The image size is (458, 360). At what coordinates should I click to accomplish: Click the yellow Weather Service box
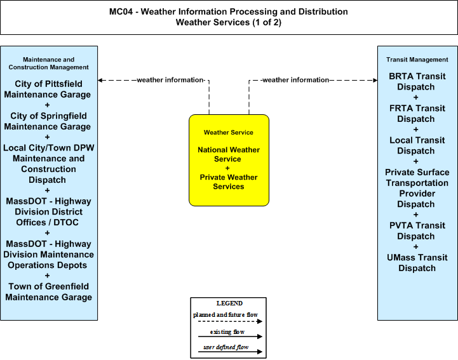click(x=229, y=160)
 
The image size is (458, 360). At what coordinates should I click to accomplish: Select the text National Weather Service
click(x=229, y=154)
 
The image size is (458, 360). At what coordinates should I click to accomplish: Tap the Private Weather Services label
click(x=229, y=182)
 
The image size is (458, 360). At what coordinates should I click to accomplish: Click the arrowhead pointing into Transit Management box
click(x=375, y=80)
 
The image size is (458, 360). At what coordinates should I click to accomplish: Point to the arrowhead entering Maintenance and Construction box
click(x=100, y=80)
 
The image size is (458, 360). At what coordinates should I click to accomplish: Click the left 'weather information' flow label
click(x=170, y=80)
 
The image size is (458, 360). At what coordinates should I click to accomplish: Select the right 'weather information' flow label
click(x=295, y=80)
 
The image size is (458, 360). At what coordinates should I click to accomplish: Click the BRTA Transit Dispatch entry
click(x=417, y=81)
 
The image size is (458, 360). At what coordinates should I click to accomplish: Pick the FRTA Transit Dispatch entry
click(x=417, y=114)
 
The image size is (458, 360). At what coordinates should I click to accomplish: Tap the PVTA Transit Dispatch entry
click(x=417, y=231)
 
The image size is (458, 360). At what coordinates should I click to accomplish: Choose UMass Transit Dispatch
click(x=417, y=263)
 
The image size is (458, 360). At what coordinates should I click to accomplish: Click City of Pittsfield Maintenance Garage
click(x=48, y=89)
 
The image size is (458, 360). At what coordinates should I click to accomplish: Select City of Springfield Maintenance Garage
click(x=48, y=121)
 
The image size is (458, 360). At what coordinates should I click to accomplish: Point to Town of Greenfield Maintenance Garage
click(x=48, y=291)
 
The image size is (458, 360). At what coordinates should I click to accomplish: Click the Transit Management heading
click(x=417, y=60)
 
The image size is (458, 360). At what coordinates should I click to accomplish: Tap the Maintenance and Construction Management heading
click(x=48, y=63)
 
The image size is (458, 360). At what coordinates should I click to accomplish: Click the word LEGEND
click(x=229, y=303)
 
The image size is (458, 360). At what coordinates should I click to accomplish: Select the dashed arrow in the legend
click(x=230, y=321)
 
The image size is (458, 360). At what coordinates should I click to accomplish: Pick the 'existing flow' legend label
click(x=227, y=332)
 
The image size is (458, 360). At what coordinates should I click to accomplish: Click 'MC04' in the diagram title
click(x=121, y=11)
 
